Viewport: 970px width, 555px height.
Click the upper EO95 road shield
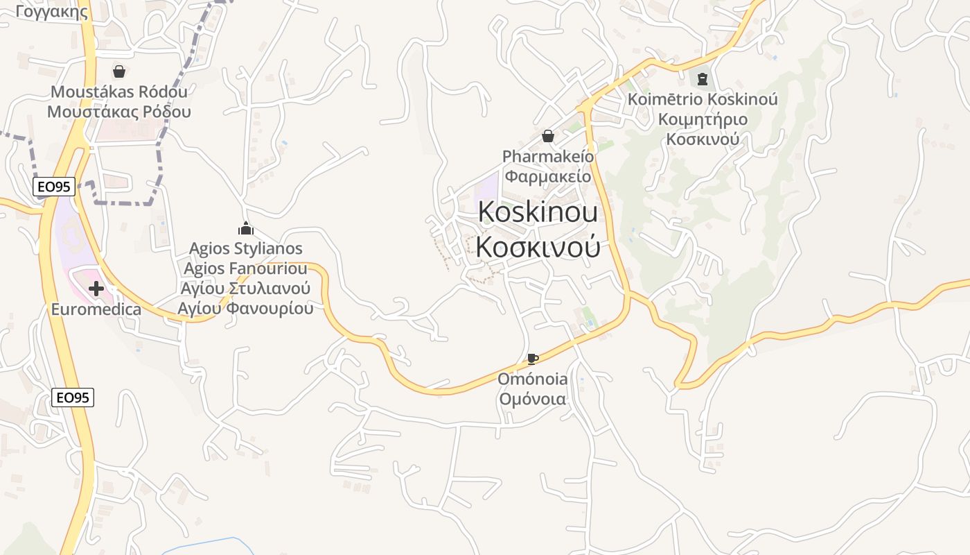click(53, 186)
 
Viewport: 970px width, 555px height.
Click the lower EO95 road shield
click(73, 398)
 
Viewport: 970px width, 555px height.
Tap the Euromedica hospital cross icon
click(96, 289)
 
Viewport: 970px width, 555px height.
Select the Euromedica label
click(96, 309)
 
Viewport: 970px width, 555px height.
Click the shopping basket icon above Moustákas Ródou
click(119, 71)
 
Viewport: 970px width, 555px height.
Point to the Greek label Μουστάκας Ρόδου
click(119, 112)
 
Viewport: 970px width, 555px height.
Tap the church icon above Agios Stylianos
click(245, 228)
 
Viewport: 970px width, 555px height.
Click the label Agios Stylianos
click(245, 248)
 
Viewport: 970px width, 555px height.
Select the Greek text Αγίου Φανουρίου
click(245, 308)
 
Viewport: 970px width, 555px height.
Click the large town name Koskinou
click(538, 212)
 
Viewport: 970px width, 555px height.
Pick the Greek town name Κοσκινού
click(538, 247)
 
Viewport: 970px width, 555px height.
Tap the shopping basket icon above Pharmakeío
click(548, 136)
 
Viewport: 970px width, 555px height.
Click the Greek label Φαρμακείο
click(547, 176)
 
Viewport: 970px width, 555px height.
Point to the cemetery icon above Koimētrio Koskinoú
click(703, 79)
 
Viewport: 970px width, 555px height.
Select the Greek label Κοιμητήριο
click(703, 119)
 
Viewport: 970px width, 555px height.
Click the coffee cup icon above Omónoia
click(532, 359)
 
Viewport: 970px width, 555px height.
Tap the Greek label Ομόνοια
click(533, 400)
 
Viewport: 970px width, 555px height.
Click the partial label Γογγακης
click(52, 11)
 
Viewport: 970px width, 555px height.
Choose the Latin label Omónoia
click(533, 379)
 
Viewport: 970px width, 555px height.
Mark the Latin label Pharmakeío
click(547, 156)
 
